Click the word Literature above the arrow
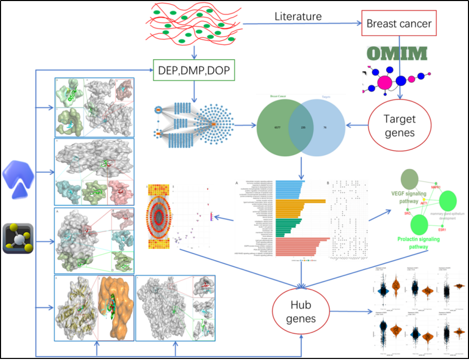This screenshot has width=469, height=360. click(298, 16)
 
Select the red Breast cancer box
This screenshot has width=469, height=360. click(399, 23)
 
